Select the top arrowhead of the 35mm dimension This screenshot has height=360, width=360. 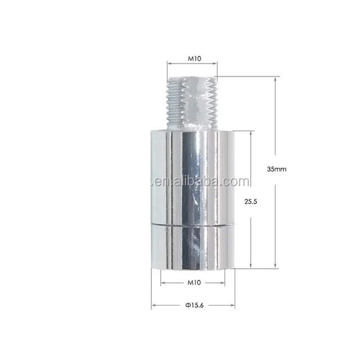(x=275, y=79)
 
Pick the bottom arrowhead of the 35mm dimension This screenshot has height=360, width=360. (x=275, y=266)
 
